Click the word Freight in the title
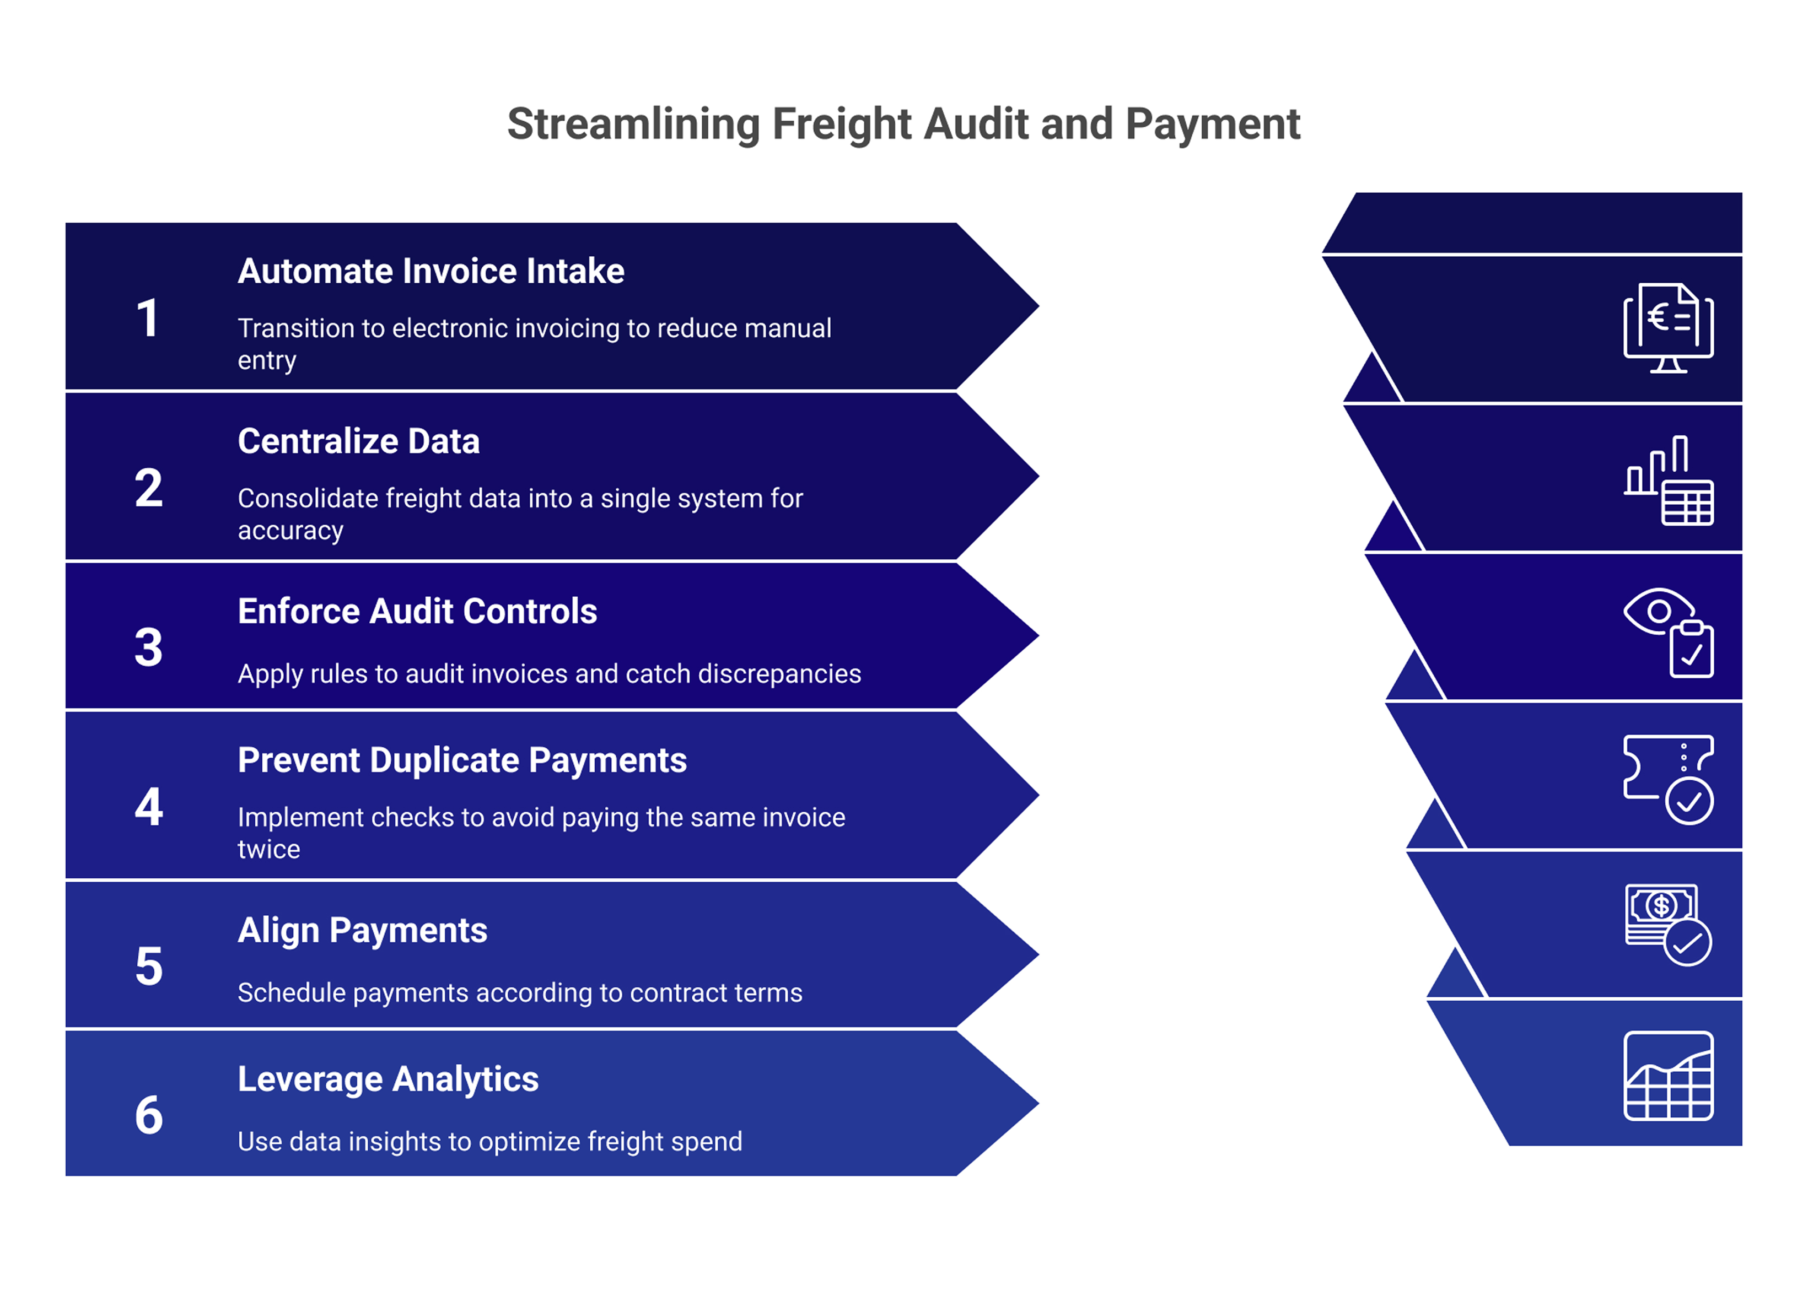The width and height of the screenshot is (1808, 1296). coord(842,125)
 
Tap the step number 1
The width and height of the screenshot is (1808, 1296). coord(148,319)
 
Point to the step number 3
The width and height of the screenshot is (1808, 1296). coord(148,647)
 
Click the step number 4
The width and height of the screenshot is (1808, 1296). coord(148,807)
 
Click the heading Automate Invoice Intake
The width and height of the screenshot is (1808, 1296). coord(431,272)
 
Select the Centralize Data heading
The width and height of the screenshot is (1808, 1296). coord(359,441)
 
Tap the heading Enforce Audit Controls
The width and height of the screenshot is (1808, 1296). coord(417,611)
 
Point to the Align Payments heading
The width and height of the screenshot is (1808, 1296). coord(362,930)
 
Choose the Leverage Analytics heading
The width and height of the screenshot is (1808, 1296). coord(388,1079)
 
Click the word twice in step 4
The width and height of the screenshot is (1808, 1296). coord(268,850)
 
